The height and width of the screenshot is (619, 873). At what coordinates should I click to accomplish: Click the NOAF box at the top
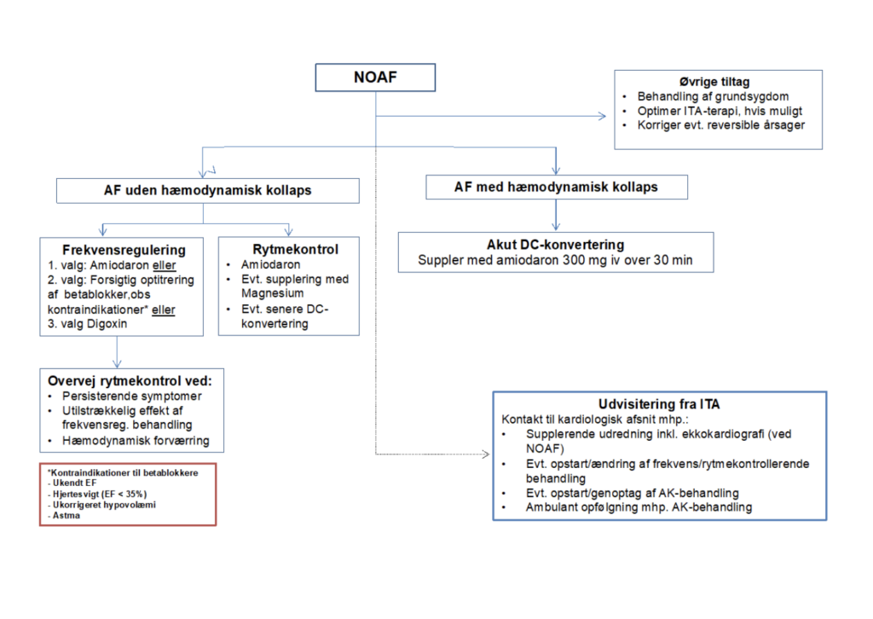[x=376, y=78]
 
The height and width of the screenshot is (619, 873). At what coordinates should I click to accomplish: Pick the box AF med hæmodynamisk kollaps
[x=556, y=187]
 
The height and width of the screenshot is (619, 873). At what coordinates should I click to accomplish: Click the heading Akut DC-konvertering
[x=556, y=245]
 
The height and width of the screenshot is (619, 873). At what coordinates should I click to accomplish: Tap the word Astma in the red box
[x=61, y=515]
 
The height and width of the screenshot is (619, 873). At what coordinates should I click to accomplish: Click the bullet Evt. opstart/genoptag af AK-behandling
[x=632, y=493]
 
